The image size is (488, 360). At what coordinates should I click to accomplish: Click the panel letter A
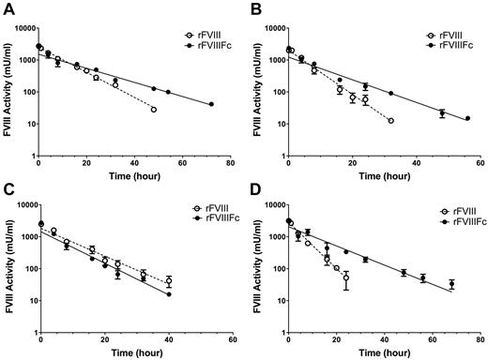click(x=7, y=7)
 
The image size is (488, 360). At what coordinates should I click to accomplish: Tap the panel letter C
click(x=7, y=187)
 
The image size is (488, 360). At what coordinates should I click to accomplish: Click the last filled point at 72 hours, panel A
click(x=211, y=104)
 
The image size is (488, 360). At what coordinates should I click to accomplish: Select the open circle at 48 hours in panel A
click(x=154, y=110)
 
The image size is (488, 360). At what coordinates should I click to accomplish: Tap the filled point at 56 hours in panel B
click(x=467, y=118)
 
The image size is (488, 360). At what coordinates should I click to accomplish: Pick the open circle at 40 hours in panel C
click(x=169, y=281)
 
